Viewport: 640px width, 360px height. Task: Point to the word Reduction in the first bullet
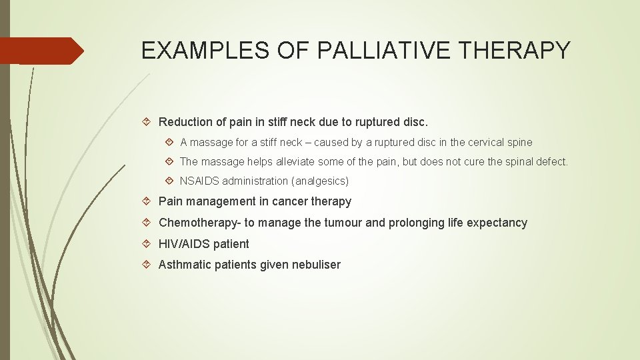tap(185, 122)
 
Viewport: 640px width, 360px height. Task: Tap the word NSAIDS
tap(199, 181)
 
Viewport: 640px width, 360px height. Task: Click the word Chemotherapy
tap(199, 223)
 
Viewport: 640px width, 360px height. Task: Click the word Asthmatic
tap(183, 265)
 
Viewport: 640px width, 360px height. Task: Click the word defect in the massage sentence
tap(553, 161)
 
